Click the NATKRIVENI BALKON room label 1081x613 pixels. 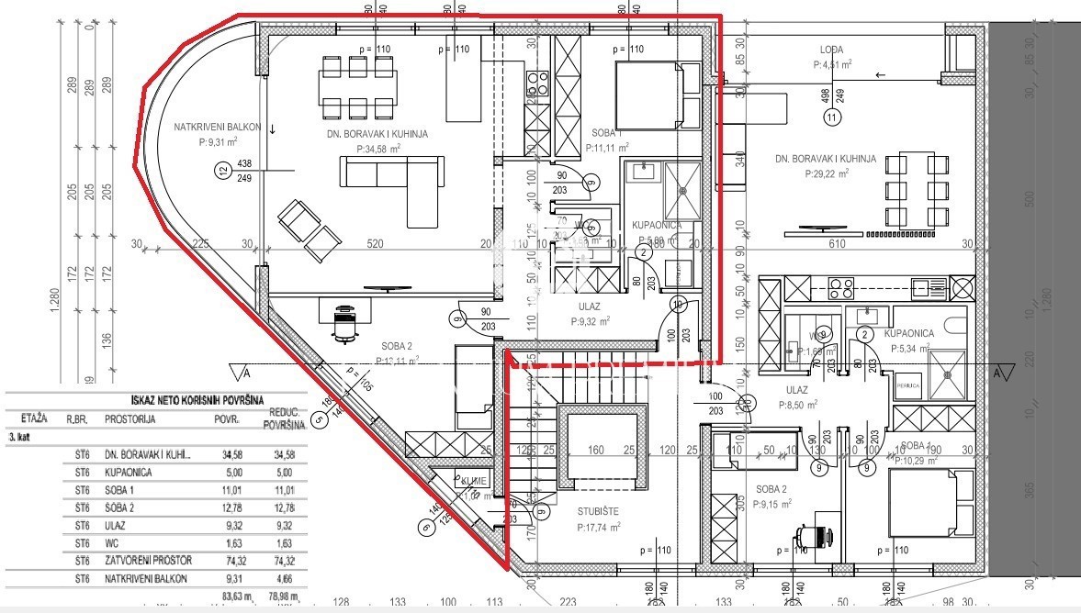click(218, 128)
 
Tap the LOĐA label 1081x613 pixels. click(831, 50)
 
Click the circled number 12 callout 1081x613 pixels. click(221, 169)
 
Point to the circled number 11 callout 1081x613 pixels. click(832, 117)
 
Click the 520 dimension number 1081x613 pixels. click(376, 244)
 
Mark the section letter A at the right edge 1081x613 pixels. click(998, 373)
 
